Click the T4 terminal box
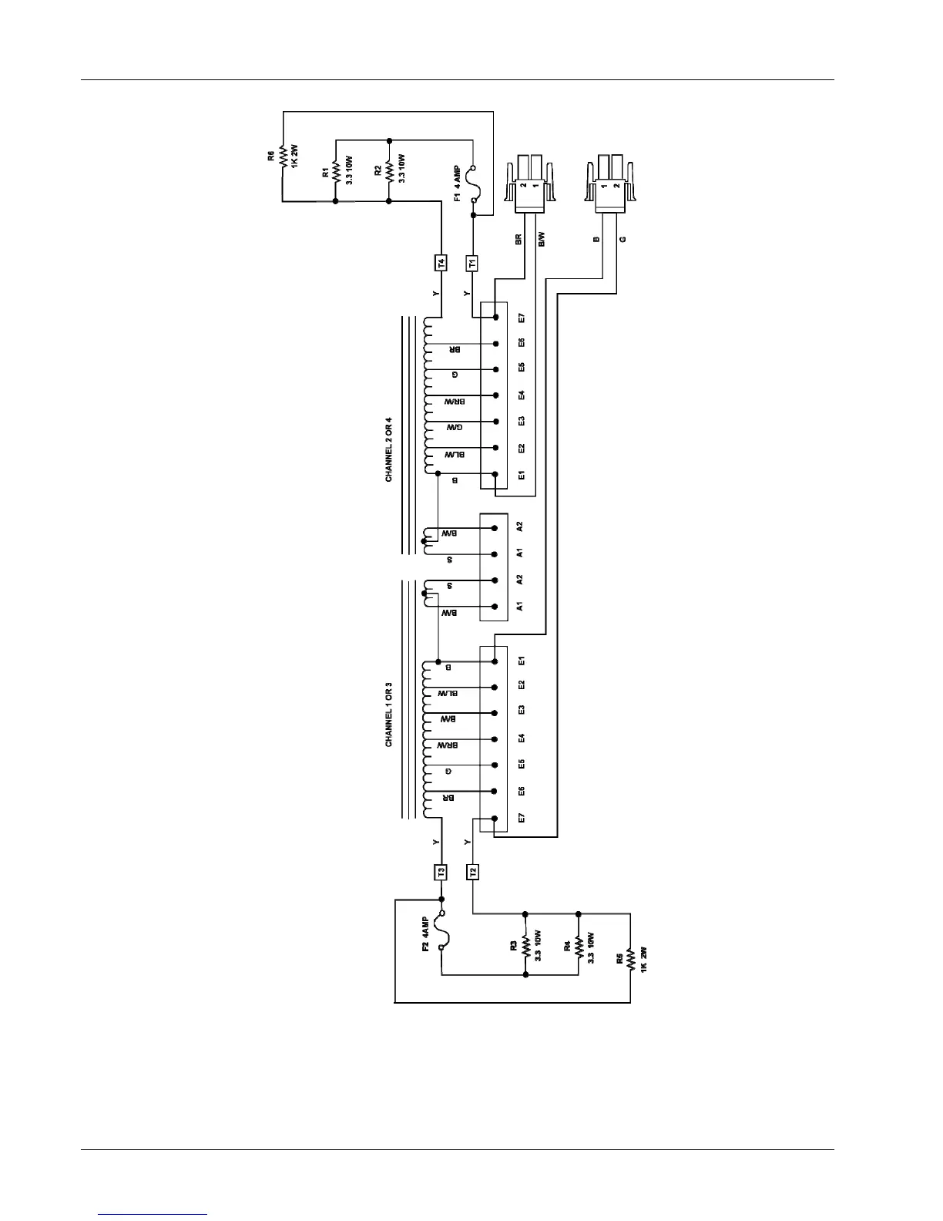coord(441,263)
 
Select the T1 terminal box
coord(472,263)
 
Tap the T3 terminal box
coord(441,872)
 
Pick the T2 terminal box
coord(473,872)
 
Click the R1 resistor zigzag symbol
coord(336,170)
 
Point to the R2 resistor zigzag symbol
coord(389,170)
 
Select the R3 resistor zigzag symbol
coord(525,944)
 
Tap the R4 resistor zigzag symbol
coord(578,944)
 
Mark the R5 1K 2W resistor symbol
coord(630,959)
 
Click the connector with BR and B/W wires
coord(530,189)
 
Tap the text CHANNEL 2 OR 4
coord(389,449)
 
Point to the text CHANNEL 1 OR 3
coord(389,714)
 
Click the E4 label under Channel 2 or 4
coord(522,395)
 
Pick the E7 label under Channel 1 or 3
coord(522,818)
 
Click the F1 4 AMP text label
coord(457,182)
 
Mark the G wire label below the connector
coord(623,240)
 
